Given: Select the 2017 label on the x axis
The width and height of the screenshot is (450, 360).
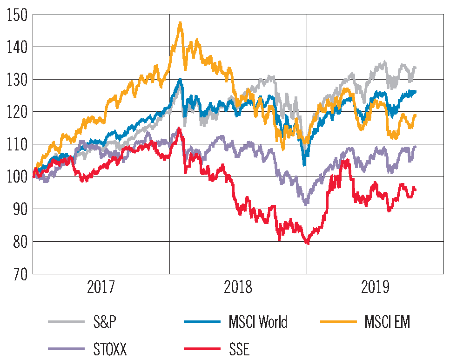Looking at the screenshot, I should [101, 287].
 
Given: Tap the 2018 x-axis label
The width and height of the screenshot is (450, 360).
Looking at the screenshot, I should [238, 287].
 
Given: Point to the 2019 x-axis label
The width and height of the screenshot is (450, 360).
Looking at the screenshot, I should [375, 287].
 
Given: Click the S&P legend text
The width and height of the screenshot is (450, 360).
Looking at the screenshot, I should [105, 322].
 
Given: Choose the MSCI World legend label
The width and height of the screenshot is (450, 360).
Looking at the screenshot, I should [258, 322].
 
